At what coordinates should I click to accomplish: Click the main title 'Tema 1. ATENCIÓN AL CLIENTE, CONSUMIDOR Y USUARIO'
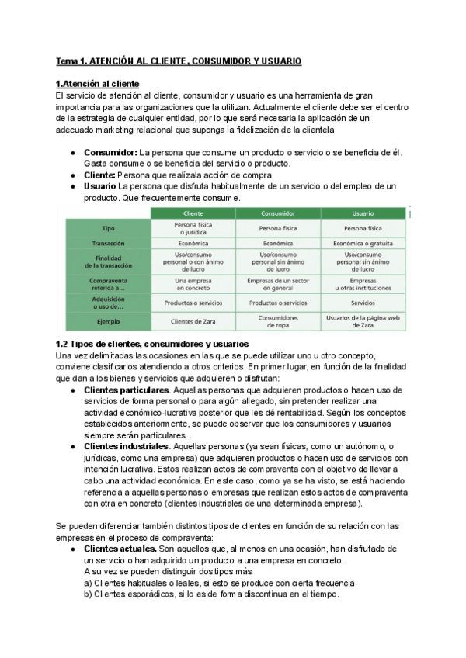click(x=179, y=61)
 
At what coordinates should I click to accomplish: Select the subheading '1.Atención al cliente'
click(x=98, y=84)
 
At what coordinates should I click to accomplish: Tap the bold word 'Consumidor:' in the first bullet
click(x=110, y=153)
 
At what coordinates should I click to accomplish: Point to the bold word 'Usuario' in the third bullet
click(x=99, y=187)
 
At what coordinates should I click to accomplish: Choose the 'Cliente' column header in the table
click(x=193, y=213)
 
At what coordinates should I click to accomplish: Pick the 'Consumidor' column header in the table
click(x=278, y=213)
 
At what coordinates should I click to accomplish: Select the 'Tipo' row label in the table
click(x=109, y=228)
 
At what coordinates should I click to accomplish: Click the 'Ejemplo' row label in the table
click(x=109, y=320)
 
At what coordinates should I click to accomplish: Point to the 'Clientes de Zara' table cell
click(x=193, y=320)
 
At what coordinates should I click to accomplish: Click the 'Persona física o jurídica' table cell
click(x=193, y=228)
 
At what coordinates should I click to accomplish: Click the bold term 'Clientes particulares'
click(x=126, y=389)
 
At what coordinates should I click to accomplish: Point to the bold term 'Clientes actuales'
click(x=120, y=549)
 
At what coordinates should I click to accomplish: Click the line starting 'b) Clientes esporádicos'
click(x=211, y=594)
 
